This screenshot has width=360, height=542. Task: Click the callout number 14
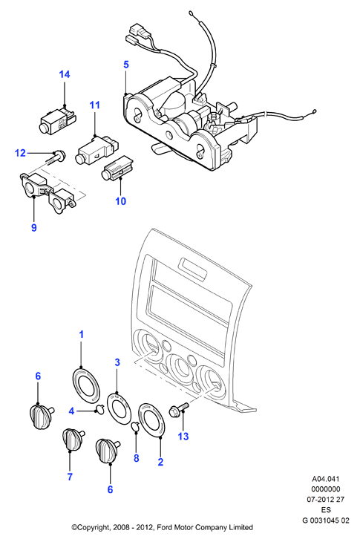pyautogui.click(x=65, y=74)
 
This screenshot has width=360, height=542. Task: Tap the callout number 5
pyautogui.click(x=126, y=65)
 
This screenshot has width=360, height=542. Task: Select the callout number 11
pyautogui.click(x=94, y=105)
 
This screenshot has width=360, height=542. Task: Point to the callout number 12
pyautogui.click(x=20, y=152)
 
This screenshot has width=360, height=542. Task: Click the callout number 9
pyautogui.click(x=34, y=227)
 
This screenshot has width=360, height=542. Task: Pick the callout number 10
pyautogui.click(x=120, y=200)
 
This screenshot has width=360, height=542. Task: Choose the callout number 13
pyautogui.click(x=183, y=436)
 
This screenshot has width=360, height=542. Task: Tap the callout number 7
pyautogui.click(x=70, y=477)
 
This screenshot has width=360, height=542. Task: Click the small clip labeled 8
pyautogui.click(x=135, y=426)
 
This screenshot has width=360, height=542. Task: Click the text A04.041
pyautogui.click(x=325, y=479)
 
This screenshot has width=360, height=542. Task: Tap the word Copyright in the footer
pyautogui.click(x=93, y=527)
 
